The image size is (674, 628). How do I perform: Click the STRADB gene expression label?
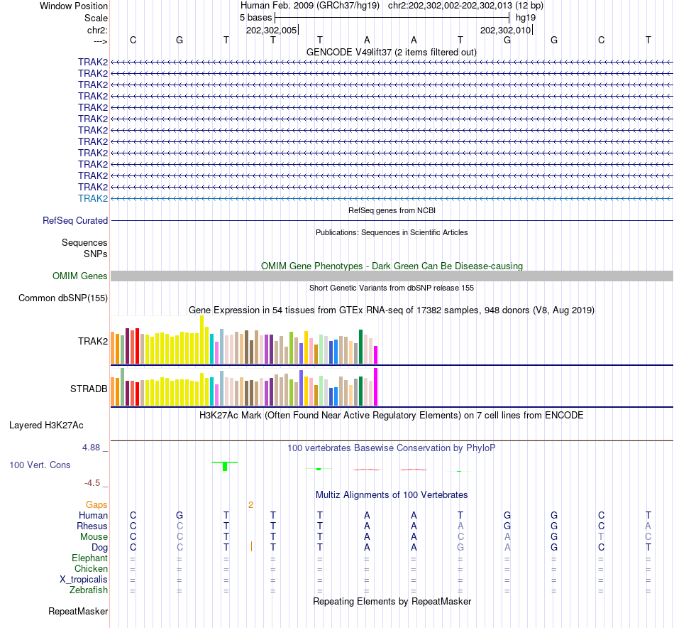(x=89, y=389)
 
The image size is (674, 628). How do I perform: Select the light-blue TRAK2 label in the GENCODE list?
(x=93, y=198)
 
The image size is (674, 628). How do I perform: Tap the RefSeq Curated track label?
(x=75, y=221)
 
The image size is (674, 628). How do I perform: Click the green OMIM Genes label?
(x=80, y=276)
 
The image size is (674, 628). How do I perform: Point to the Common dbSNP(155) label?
(x=63, y=298)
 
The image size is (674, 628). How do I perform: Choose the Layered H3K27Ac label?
(x=46, y=426)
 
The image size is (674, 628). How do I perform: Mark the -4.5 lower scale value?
(x=94, y=483)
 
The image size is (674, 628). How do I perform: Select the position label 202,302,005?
(x=272, y=30)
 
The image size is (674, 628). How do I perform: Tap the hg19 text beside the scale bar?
(x=526, y=16)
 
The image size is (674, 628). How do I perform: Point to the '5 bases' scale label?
(x=251, y=16)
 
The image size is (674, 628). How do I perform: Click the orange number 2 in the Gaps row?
(x=250, y=505)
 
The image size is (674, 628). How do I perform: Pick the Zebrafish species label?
(x=89, y=590)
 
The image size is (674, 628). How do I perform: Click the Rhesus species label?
(x=92, y=526)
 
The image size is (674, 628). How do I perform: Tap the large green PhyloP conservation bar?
(x=225, y=466)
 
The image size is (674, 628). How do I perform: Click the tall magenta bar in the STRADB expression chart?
(x=376, y=386)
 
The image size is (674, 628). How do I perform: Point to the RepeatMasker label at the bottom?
(x=78, y=611)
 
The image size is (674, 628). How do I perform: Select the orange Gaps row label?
(x=96, y=504)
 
